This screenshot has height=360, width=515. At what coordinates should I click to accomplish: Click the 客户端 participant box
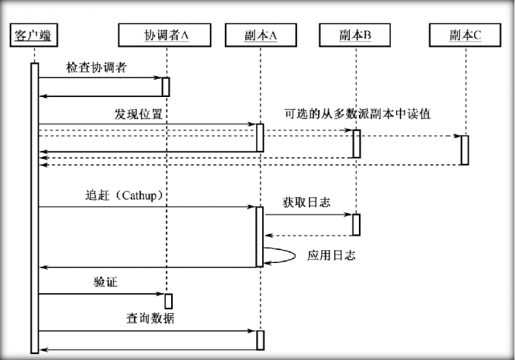click(x=34, y=35)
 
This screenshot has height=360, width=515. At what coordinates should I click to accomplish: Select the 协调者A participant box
click(x=165, y=35)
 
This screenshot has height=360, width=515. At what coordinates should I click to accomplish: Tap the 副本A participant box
click(x=260, y=35)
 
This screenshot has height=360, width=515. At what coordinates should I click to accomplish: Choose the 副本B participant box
click(x=354, y=35)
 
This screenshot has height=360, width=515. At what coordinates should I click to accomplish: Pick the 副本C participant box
click(x=464, y=35)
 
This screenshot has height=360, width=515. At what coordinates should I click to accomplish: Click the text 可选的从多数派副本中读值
click(x=363, y=114)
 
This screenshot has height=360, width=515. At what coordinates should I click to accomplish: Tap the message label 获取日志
click(x=306, y=202)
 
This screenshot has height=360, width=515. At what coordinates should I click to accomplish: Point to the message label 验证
click(x=105, y=282)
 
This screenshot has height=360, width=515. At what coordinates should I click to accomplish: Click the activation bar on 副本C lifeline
click(x=464, y=149)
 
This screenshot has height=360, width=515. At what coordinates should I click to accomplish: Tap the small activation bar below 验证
click(x=168, y=301)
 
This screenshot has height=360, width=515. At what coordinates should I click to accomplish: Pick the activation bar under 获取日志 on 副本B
click(x=355, y=224)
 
